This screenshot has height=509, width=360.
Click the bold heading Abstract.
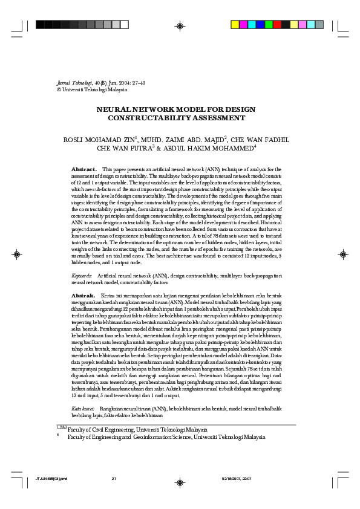pos(84,169)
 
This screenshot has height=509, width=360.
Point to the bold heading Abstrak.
pos(83,295)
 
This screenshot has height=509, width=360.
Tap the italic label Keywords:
pos(82,276)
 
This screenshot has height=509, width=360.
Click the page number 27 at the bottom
pos(113,479)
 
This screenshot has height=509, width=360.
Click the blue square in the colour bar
pos(245,25)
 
